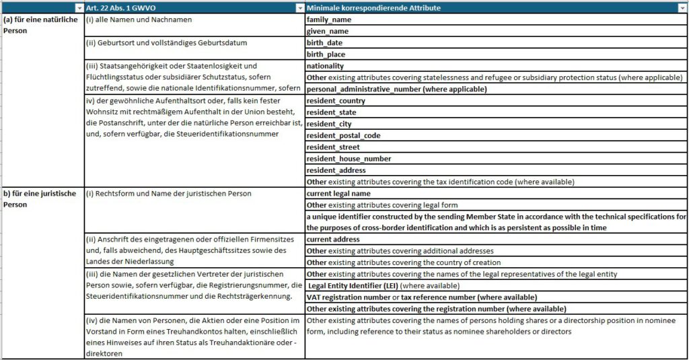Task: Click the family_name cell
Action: [329, 20]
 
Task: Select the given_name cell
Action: [328, 32]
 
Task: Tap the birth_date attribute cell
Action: [324, 43]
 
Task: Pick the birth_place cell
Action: [326, 55]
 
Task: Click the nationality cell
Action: [325, 66]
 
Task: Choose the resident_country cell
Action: [336, 101]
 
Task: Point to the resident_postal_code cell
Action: [343, 135]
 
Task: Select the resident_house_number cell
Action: [349, 159]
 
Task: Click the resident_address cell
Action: [336, 170]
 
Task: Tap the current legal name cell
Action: [338, 194]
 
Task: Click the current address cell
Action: [334, 240]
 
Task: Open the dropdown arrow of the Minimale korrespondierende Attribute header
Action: [682, 8]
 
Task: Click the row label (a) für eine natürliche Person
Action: [40, 26]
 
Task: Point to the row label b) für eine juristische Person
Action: [40, 199]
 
